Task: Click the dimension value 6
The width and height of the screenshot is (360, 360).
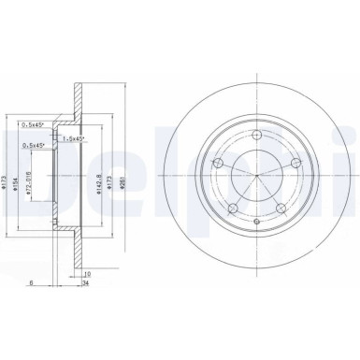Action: [x=31, y=283]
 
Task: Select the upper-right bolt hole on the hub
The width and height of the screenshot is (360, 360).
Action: [x=294, y=163]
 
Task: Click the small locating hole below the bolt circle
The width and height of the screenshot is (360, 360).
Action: [x=255, y=221]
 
